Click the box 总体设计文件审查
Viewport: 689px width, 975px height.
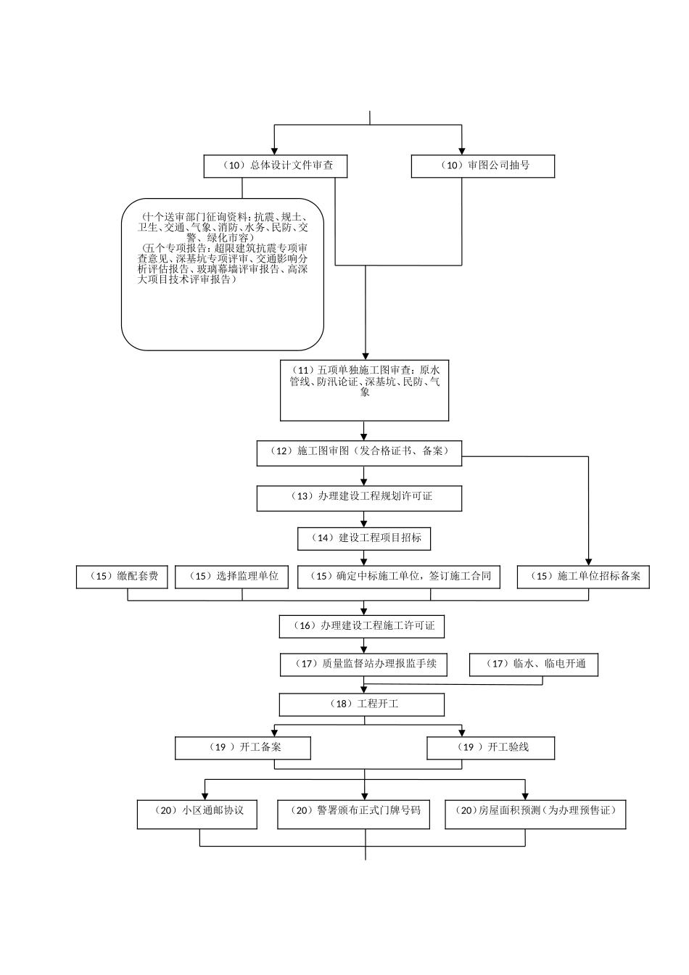[x=275, y=166]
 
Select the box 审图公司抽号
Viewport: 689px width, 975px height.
[x=483, y=166]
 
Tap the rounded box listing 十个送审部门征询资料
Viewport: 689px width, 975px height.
[x=222, y=274]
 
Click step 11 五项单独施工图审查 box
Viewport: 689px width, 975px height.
[x=364, y=390]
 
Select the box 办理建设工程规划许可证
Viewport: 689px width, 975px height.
[x=359, y=498]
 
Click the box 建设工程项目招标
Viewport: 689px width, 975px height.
[x=364, y=538]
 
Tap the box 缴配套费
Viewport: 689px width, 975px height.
[x=123, y=577]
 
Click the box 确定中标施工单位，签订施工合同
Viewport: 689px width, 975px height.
[x=400, y=577]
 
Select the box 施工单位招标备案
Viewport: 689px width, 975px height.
[x=583, y=577]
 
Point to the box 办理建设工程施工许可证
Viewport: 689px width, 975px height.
[x=362, y=626]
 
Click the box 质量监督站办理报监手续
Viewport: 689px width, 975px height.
[x=363, y=665]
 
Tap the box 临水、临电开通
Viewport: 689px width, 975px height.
[x=534, y=665]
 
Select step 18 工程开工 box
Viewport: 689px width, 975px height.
[x=362, y=704]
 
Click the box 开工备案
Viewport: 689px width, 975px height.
[x=243, y=748]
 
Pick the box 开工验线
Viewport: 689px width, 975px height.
[x=491, y=748]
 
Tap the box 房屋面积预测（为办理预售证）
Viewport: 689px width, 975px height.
[x=535, y=814]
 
